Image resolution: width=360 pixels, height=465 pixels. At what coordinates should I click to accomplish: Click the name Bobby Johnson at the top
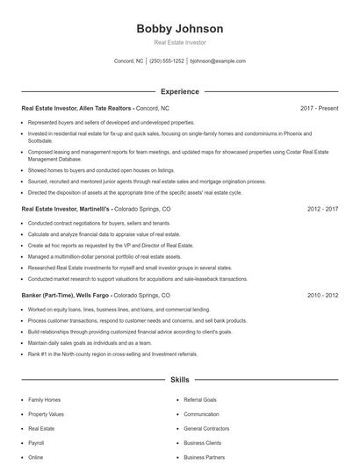[179, 28]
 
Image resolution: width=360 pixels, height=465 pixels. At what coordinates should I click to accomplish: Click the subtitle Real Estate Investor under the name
[179, 42]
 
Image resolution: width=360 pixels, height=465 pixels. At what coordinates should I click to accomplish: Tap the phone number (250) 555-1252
[167, 61]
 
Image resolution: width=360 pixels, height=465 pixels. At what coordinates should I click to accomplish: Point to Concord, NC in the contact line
[129, 61]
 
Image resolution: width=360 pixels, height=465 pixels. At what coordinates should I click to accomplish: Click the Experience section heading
[179, 91]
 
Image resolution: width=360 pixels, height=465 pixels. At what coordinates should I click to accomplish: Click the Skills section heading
[179, 380]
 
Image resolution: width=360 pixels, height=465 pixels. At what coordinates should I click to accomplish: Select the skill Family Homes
[46, 399]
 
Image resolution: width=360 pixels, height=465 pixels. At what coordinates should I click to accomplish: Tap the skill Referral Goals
[200, 399]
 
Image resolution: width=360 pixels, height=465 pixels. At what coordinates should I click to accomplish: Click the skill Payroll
[37, 443]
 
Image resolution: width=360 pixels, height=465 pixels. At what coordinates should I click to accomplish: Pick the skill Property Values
[47, 414]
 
